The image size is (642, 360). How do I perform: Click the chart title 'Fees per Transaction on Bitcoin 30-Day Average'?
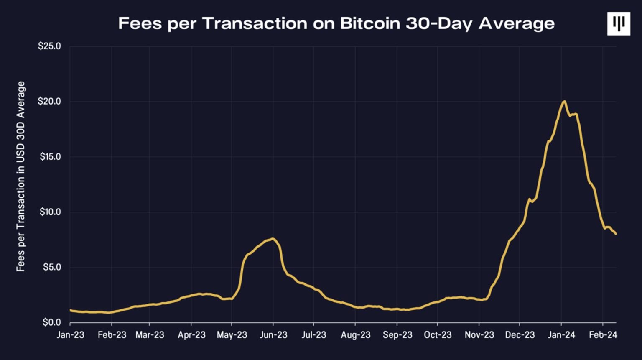336,23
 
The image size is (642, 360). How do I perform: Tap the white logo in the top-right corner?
618,23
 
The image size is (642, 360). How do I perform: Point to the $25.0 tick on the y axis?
49,46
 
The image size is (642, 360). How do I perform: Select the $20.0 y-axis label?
49,101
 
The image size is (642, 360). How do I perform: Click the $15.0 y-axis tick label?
50,157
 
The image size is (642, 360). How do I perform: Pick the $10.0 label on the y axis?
50,212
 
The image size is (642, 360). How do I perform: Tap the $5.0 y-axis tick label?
52,267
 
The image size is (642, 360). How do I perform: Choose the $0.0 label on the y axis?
52,322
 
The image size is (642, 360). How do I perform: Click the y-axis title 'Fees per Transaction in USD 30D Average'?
21,176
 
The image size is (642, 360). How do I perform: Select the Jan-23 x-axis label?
70,335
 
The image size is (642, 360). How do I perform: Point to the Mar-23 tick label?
150,335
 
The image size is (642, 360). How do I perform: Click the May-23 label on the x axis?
232,335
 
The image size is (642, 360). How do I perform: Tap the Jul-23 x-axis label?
314,335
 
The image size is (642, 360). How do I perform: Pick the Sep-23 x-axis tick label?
397,335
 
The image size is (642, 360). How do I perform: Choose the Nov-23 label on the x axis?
479,335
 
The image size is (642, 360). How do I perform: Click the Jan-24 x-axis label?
561,335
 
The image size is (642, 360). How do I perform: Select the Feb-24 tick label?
603,335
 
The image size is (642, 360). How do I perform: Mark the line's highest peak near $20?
564,101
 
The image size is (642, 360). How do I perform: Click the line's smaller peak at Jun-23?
273,239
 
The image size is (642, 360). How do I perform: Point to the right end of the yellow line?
616,234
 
